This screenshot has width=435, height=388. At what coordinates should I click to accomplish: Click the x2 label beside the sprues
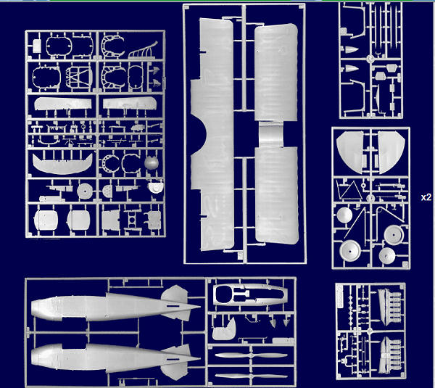[426, 197]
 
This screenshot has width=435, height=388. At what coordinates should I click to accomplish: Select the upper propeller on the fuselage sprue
[251, 355]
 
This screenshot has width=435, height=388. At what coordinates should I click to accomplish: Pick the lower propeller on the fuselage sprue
[251, 376]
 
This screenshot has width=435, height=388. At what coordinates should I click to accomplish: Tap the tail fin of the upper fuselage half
[175, 294]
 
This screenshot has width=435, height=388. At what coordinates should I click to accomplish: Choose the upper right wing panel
[276, 73]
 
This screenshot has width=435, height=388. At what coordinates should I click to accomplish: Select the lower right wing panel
[277, 195]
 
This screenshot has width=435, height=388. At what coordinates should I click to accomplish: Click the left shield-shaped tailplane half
[350, 150]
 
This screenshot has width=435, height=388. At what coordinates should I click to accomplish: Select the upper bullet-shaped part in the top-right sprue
[350, 50]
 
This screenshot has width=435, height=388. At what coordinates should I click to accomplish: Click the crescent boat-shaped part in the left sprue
[62, 164]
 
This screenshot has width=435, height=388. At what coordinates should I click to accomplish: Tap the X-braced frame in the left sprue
[79, 76]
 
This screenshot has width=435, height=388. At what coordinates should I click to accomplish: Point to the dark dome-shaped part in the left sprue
[151, 163]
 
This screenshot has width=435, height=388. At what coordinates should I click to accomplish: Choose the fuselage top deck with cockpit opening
[249, 294]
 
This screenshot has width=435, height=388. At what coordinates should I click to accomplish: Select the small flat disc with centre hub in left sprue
[85, 191]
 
